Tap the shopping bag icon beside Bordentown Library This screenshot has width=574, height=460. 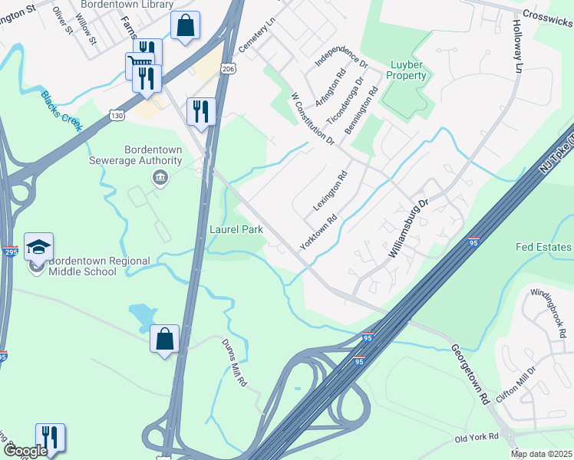185,25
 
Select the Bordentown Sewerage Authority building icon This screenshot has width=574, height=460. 160,179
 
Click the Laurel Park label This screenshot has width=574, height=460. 237,229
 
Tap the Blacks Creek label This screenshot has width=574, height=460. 61,112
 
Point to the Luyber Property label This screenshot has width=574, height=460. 408,71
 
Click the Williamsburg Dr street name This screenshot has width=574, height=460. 407,228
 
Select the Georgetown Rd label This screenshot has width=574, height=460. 470,374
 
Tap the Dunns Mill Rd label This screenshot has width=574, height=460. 234,363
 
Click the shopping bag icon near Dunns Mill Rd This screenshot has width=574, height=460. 164,340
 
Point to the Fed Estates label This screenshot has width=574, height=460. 543,247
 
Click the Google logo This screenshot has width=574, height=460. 25,452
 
